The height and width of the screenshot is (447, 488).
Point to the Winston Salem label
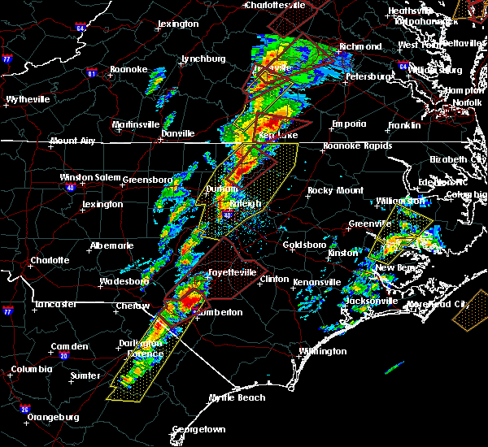(89, 178)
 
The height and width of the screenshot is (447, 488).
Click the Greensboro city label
(147, 179)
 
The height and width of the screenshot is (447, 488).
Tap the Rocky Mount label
(329, 190)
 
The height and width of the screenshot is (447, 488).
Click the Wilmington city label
(322, 351)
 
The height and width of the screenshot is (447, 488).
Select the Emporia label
(348, 124)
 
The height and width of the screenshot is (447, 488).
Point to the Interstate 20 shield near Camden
(63, 355)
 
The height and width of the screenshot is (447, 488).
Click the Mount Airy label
(74, 141)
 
